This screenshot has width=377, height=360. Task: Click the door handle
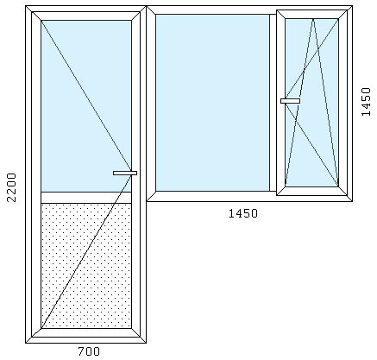(x=125, y=173)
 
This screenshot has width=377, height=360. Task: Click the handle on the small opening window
(x=290, y=101)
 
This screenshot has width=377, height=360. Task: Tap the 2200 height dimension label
(x=11, y=187)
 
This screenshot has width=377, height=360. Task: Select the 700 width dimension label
(x=89, y=351)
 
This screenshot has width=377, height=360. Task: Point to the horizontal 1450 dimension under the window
(x=243, y=213)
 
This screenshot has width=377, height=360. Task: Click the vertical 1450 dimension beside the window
(x=366, y=102)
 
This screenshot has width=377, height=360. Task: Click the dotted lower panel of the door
(x=86, y=266)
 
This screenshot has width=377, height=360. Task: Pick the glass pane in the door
(x=86, y=106)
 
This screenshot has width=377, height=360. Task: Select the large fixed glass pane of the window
(x=212, y=103)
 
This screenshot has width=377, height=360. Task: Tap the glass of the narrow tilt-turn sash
(x=311, y=103)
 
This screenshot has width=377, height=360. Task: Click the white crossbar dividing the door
(x=86, y=198)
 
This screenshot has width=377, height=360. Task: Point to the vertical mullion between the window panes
(x=273, y=103)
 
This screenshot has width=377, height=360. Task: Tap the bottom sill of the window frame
(x=249, y=196)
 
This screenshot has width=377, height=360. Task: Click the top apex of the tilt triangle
(x=313, y=19)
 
